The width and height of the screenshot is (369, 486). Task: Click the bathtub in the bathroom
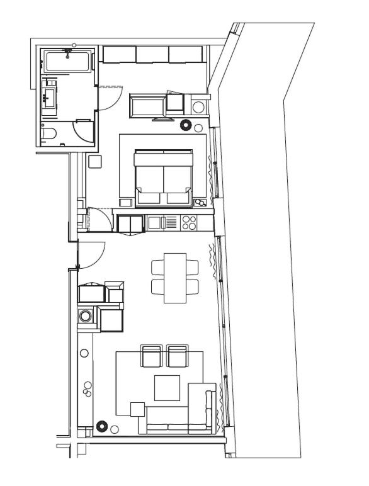coord(67,61)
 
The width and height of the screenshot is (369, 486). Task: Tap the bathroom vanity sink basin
coord(49,96)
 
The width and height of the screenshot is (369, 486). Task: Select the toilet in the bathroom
coord(48,133)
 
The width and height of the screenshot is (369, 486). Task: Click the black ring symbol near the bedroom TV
coord(186,125)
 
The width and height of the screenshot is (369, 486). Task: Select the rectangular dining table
coord(175,278)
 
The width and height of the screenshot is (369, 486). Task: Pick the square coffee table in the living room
coord(167,388)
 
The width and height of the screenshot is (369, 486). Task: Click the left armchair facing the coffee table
coord(152,356)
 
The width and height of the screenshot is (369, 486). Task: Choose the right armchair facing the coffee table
coord(178,356)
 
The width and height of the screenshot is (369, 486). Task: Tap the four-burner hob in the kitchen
coord(189,222)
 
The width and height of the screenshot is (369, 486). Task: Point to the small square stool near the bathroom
coord(95,161)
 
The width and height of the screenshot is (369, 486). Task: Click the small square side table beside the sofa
coord(137,409)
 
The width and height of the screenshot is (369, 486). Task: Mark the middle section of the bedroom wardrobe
coord(152,55)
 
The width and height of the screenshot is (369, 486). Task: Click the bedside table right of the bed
coord(200,203)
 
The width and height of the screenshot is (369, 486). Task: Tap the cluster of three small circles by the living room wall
coord(87,389)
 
